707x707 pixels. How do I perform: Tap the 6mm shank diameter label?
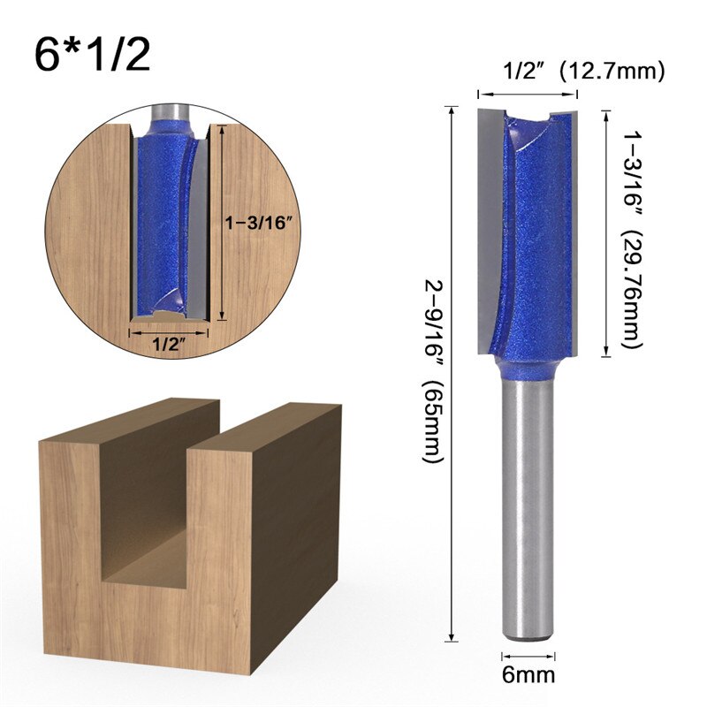coord(529,676)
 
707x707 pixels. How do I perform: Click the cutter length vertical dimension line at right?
coord(605,233)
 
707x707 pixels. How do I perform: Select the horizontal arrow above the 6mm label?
coord(528,656)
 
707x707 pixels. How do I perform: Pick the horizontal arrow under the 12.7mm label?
coord(528,93)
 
